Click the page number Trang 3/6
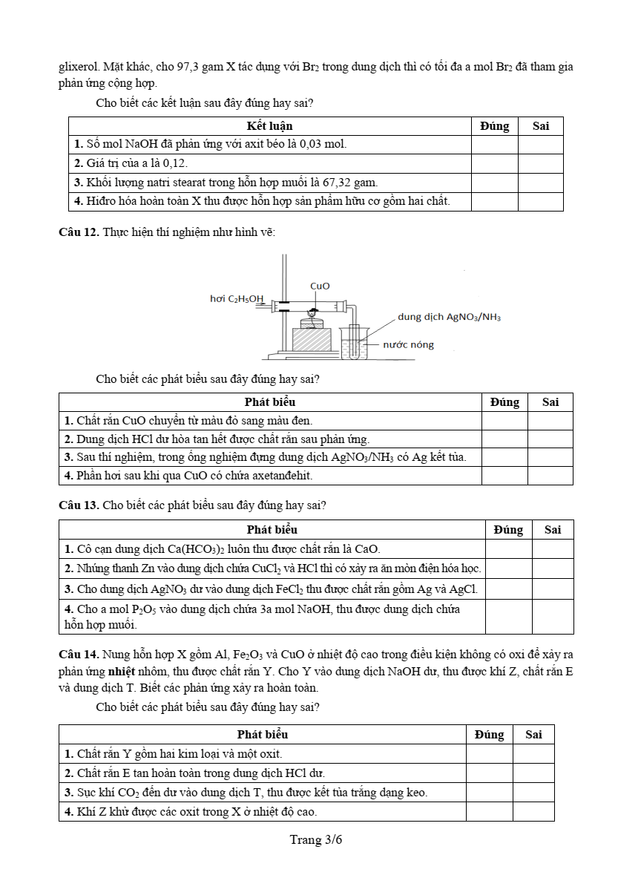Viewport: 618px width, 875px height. click(316, 840)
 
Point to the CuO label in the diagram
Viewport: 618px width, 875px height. click(320, 286)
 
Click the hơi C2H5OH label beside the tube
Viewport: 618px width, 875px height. click(237, 298)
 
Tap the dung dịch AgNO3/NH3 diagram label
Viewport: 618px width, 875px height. click(449, 317)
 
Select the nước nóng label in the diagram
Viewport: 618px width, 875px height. click(408, 344)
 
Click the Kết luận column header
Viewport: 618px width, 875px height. click(270, 126)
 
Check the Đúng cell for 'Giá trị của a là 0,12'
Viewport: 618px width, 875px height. click(494, 163)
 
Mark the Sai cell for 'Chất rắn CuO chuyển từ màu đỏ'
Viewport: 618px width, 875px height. click(550, 421)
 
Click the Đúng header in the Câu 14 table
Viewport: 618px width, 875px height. click(489, 735)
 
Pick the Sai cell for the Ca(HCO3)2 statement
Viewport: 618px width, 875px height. click(553, 549)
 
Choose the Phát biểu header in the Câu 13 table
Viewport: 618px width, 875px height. click(272, 530)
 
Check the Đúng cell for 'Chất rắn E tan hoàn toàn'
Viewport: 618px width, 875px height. click(489, 773)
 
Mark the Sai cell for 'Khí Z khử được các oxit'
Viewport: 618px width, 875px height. click(533, 812)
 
